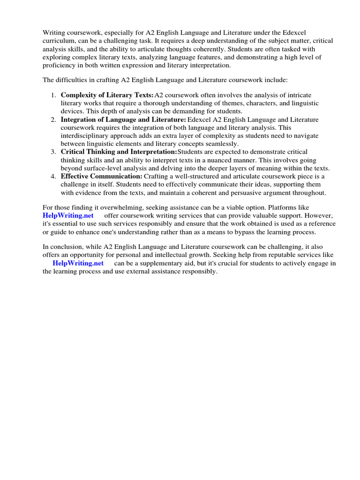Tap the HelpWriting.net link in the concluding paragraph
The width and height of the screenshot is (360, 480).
(x=78, y=263)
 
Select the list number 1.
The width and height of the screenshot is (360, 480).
(x=53, y=95)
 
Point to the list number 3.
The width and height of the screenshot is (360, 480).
(x=53, y=152)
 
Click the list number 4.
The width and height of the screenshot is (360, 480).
(x=53, y=176)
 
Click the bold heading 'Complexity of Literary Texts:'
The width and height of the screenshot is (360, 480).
(x=107, y=95)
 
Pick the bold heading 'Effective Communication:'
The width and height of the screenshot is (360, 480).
(x=101, y=176)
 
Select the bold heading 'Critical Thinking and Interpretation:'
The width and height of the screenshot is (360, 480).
(x=119, y=152)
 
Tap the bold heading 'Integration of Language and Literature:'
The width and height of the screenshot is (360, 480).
(x=123, y=120)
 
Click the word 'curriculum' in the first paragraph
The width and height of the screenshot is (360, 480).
(x=59, y=41)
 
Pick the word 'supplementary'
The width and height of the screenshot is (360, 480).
(x=155, y=263)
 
